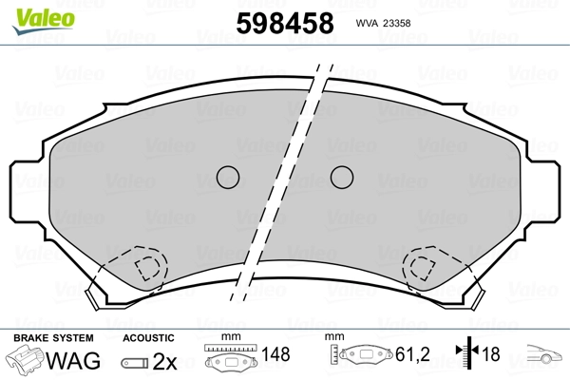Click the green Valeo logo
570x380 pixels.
point(44,21)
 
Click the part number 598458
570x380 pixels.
point(285,23)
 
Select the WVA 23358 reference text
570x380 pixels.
point(383,23)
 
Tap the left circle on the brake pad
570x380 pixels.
point(228,177)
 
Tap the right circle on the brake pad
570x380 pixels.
point(342,177)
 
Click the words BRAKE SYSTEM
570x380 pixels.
point(53,338)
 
